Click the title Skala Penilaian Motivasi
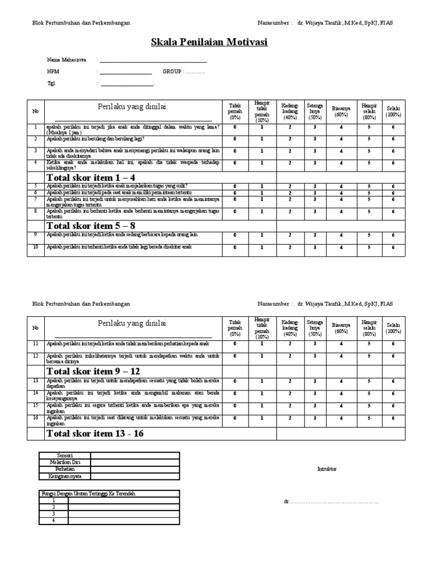(209, 42)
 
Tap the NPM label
(53, 72)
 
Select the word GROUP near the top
(172, 72)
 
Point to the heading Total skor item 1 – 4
(91, 177)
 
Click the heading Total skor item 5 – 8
(91, 225)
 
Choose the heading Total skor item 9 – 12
(93, 371)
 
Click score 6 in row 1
(393, 127)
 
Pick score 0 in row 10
(235, 247)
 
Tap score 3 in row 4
(314, 163)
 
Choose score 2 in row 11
(289, 344)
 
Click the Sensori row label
(65, 455)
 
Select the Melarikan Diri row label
(65, 463)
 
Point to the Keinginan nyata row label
(65, 477)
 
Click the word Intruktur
(327, 469)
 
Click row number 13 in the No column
(35, 381)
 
